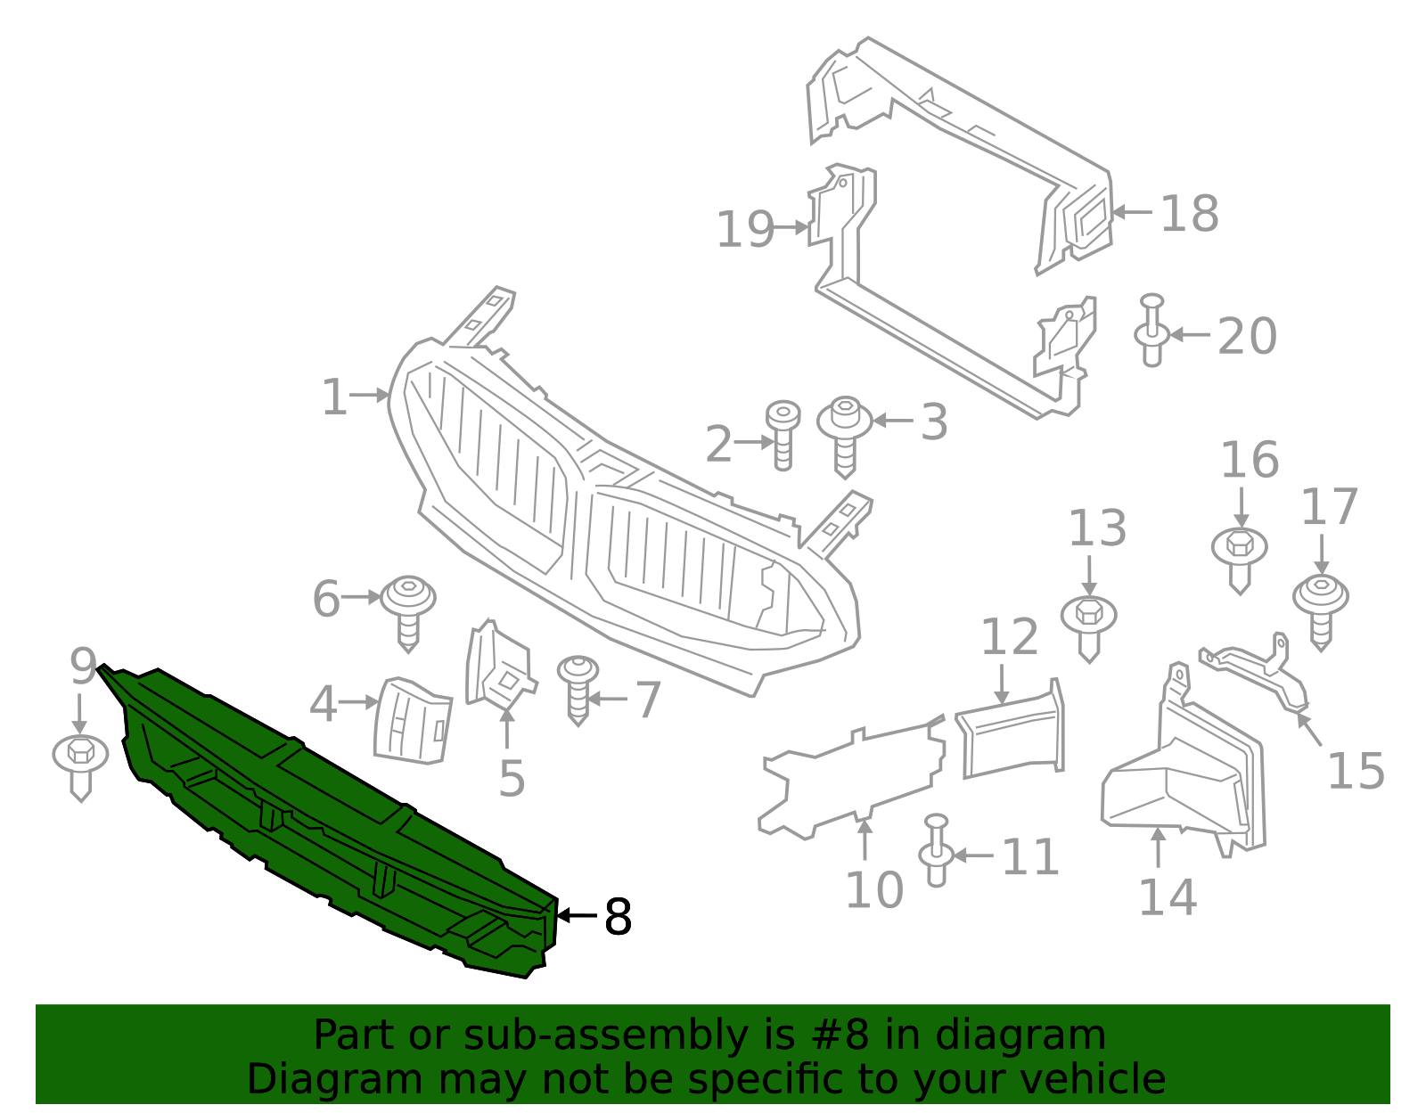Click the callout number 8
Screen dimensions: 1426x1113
[618, 916]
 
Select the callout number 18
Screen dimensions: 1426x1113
[1189, 214]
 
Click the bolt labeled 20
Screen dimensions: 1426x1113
[1151, 332]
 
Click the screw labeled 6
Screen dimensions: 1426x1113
[408, 610]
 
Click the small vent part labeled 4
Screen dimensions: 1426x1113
[413, 722]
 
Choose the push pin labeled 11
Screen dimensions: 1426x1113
[936, 851]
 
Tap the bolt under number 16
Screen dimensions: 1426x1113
[1239, 558]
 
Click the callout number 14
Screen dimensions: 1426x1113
[1168, 897]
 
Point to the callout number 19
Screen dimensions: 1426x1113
[745, 230]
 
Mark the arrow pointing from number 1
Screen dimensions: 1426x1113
[368, 395]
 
